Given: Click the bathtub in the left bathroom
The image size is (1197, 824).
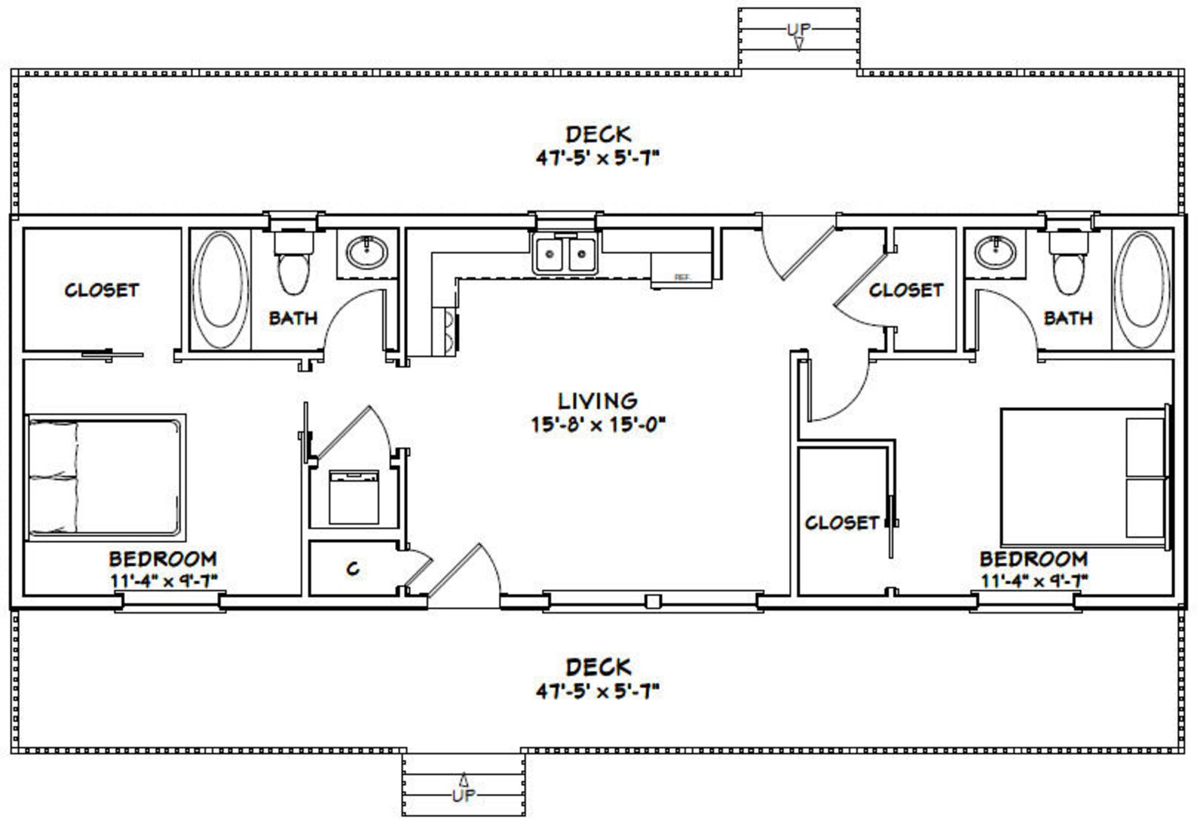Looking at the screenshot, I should (220, 289).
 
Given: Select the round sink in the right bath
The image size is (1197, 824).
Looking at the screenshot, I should (995, 252).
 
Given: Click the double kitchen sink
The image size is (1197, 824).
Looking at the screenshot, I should (565, 254).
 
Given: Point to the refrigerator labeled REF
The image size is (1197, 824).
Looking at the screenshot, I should (681, 271).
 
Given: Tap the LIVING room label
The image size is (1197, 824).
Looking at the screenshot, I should (597, 400).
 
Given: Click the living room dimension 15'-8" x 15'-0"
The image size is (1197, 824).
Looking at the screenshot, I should (597, 424).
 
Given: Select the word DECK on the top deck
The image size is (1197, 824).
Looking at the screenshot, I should (598, 134).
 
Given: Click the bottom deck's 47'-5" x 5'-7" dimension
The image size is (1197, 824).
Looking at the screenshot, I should (598, 691).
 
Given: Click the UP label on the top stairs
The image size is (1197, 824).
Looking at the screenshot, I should (798, 29).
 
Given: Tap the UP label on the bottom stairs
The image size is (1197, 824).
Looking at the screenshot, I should (463, 795).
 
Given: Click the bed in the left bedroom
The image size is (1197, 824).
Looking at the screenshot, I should (106, 476).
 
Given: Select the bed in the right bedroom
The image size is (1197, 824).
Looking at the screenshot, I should (1084, 476).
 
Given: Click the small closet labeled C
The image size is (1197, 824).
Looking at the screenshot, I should (353, 569).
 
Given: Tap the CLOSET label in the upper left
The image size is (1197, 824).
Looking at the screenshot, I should (102, 290).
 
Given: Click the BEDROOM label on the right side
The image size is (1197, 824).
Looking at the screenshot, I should (1033, 559).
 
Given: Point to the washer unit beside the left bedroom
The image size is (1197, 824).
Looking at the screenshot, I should (354, 497).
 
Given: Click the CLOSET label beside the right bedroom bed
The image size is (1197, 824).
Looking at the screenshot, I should (841, 522).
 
